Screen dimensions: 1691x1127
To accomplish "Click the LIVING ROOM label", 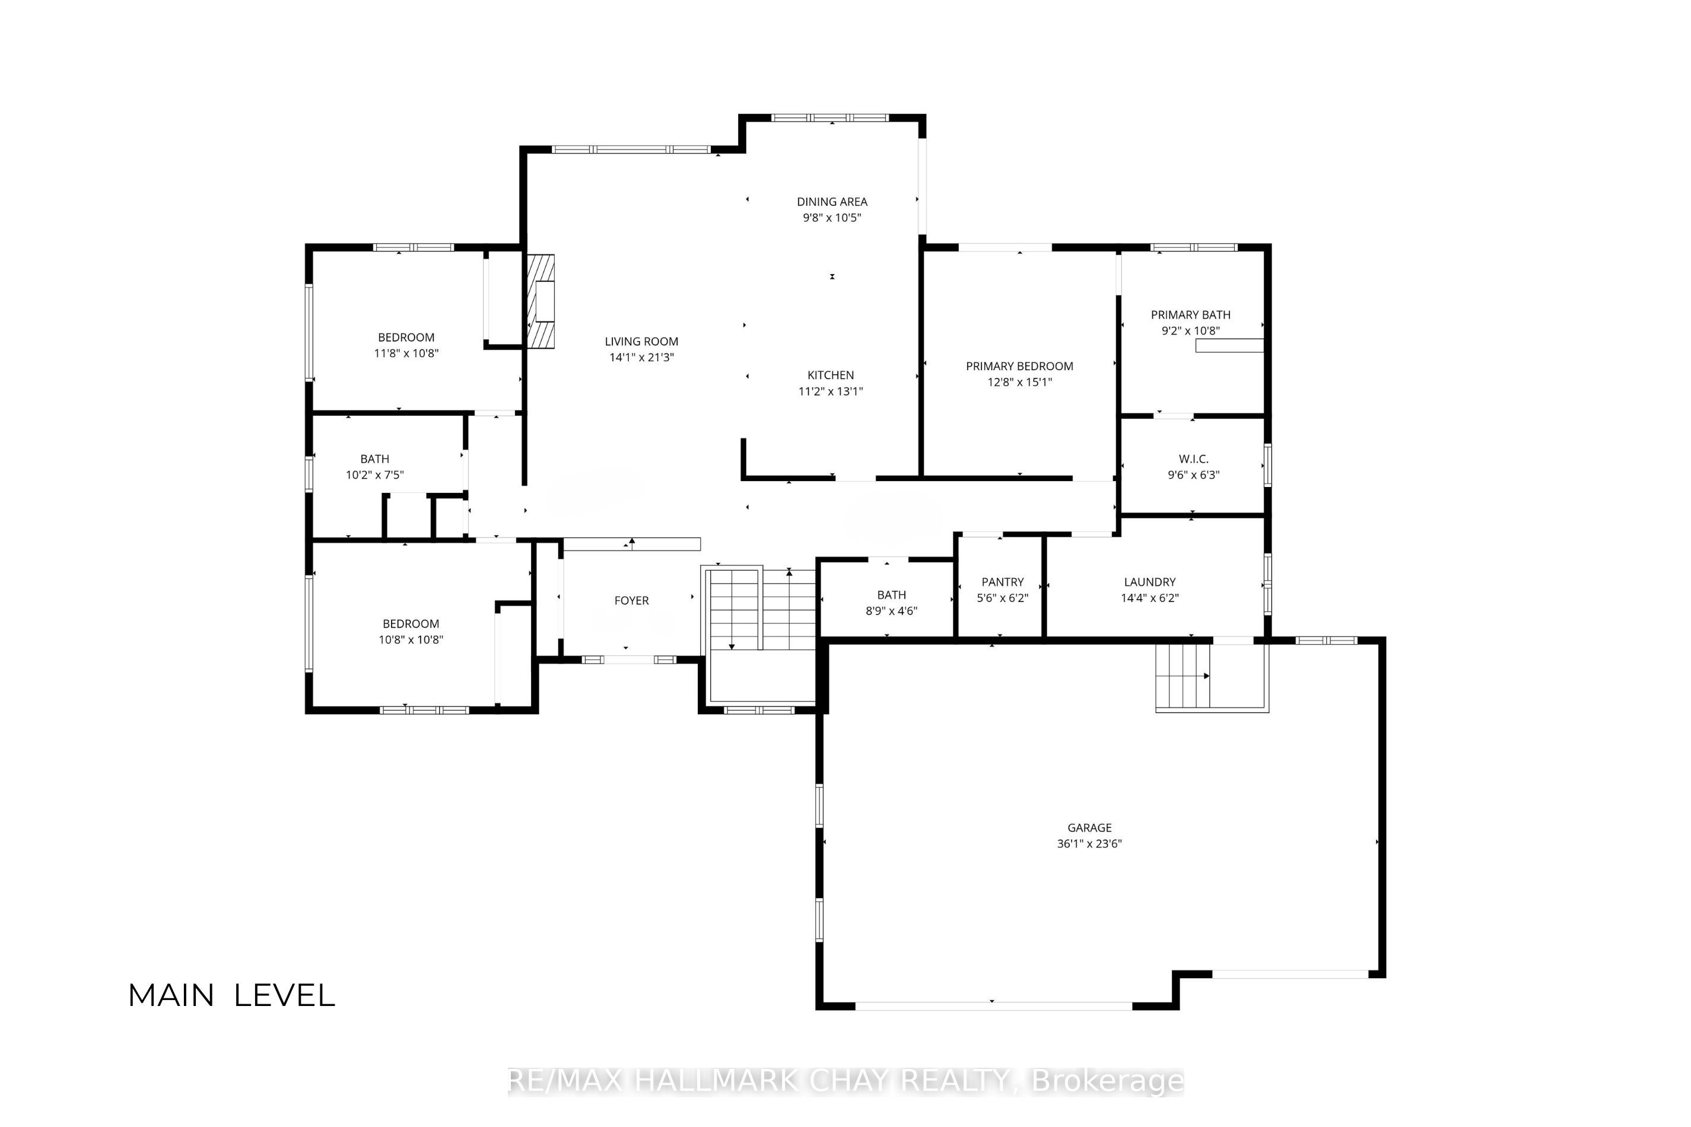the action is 641,342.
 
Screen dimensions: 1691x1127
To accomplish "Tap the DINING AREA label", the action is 832,202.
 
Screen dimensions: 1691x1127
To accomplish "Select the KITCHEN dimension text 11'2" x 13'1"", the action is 831,391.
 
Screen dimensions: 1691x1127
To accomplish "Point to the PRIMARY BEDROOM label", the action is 1019,367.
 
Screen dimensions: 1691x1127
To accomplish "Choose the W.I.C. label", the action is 1193,459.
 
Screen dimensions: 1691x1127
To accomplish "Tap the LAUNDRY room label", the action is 1150,582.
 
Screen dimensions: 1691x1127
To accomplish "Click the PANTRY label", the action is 1002,582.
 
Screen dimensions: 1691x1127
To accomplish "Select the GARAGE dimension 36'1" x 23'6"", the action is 1089,844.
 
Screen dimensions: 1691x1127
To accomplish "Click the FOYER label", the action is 631,601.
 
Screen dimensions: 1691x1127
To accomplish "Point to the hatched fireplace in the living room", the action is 541,302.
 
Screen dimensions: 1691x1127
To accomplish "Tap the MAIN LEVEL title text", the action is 231,995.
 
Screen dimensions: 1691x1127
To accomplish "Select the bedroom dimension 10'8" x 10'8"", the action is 411,639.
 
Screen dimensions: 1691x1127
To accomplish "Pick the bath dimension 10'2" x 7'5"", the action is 374,475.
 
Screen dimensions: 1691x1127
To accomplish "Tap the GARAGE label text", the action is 1089,828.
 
